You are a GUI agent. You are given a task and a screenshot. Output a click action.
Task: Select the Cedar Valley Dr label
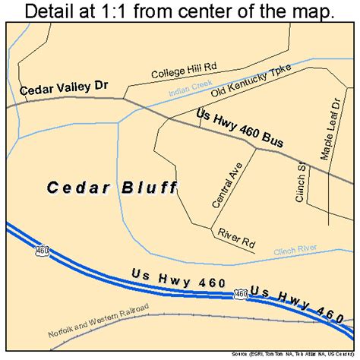tap(65, 90)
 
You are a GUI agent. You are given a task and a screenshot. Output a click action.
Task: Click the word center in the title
tap(205, 13)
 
